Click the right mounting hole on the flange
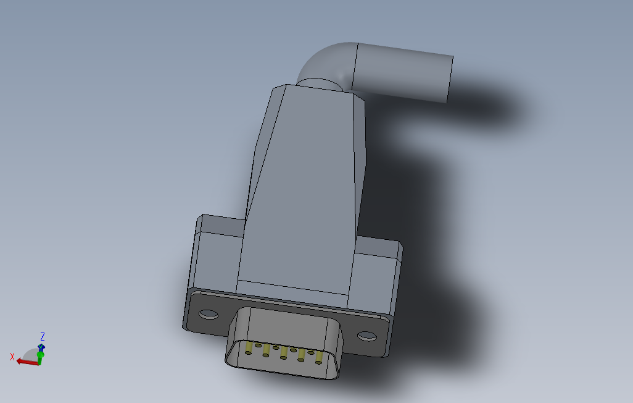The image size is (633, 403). click(x=366, y=336)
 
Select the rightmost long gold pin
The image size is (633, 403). click(x=319, y=357)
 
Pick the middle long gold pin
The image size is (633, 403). click(x=284, y=352)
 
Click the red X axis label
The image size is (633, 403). click(x=12, y=357)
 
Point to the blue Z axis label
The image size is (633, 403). click(x=43, y=337)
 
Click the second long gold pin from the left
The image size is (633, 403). click(x=267, y=350)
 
